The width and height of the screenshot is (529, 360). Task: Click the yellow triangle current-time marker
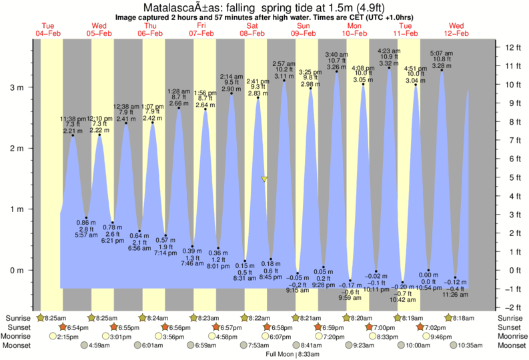[265, 179]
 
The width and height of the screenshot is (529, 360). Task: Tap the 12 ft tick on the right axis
[512, 47]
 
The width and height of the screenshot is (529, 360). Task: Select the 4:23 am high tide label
[388, 50]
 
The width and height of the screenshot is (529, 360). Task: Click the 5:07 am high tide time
[440, 53]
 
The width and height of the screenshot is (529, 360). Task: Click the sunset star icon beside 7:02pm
[420, 327]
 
